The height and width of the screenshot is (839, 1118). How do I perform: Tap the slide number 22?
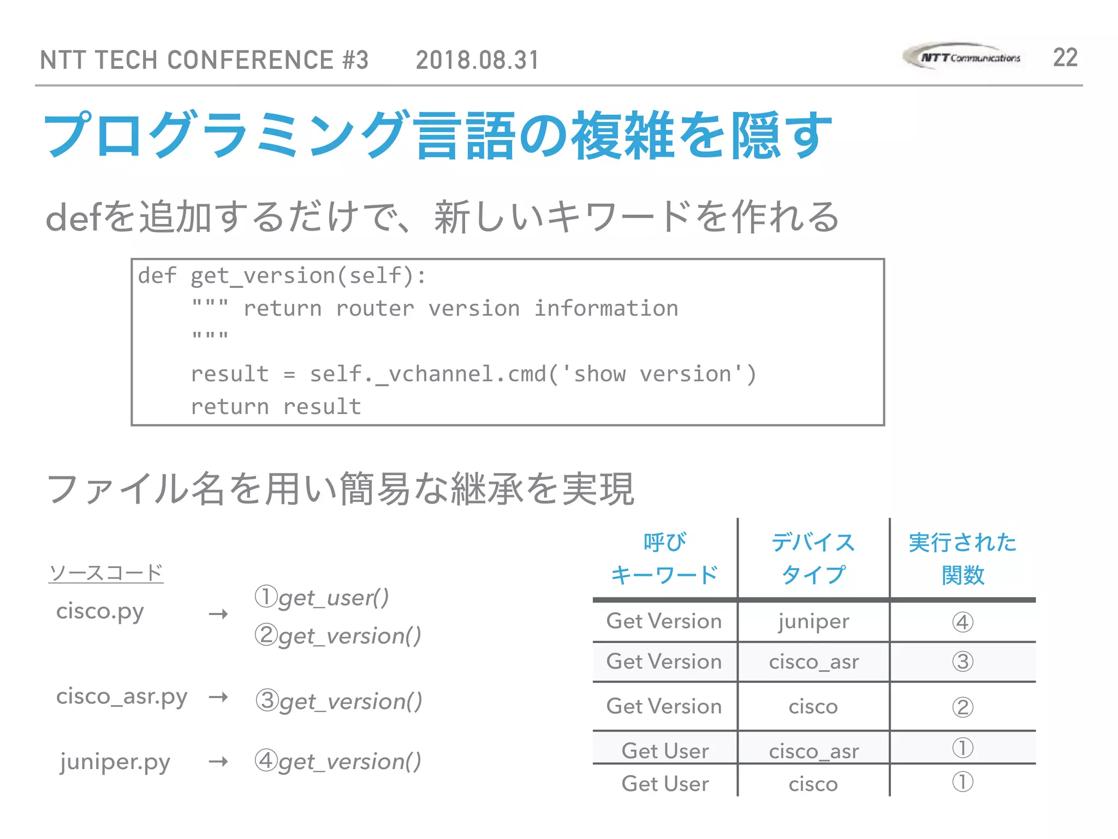(x=1065, y=58)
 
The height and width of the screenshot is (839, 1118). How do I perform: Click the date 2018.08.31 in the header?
(x=478, y=60)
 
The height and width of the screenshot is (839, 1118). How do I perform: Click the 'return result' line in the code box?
(x=276, y=407)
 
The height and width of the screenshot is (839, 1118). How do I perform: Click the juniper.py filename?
(x=115, y=762)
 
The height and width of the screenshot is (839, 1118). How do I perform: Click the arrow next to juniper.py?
(x=218, y=761)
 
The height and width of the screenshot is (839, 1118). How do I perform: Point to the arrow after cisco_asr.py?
(x=218, y=698)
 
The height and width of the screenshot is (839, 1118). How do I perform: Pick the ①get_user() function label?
(x=322, y=598)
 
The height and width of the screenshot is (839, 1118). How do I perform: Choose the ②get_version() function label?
(x=338, y=636)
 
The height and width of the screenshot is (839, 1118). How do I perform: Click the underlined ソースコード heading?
(x=106, y=573)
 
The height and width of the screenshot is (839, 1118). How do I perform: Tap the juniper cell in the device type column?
(x=813, y=622)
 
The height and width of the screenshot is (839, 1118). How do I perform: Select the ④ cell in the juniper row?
(x=962, y=622)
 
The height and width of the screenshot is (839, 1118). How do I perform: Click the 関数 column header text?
(x=963, y=575)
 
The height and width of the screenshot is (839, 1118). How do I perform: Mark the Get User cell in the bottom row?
(x=665, y=784)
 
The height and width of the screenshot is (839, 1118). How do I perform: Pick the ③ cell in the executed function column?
(x=962, y=662)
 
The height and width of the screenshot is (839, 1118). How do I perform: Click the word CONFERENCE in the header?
(x=250, y=60)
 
